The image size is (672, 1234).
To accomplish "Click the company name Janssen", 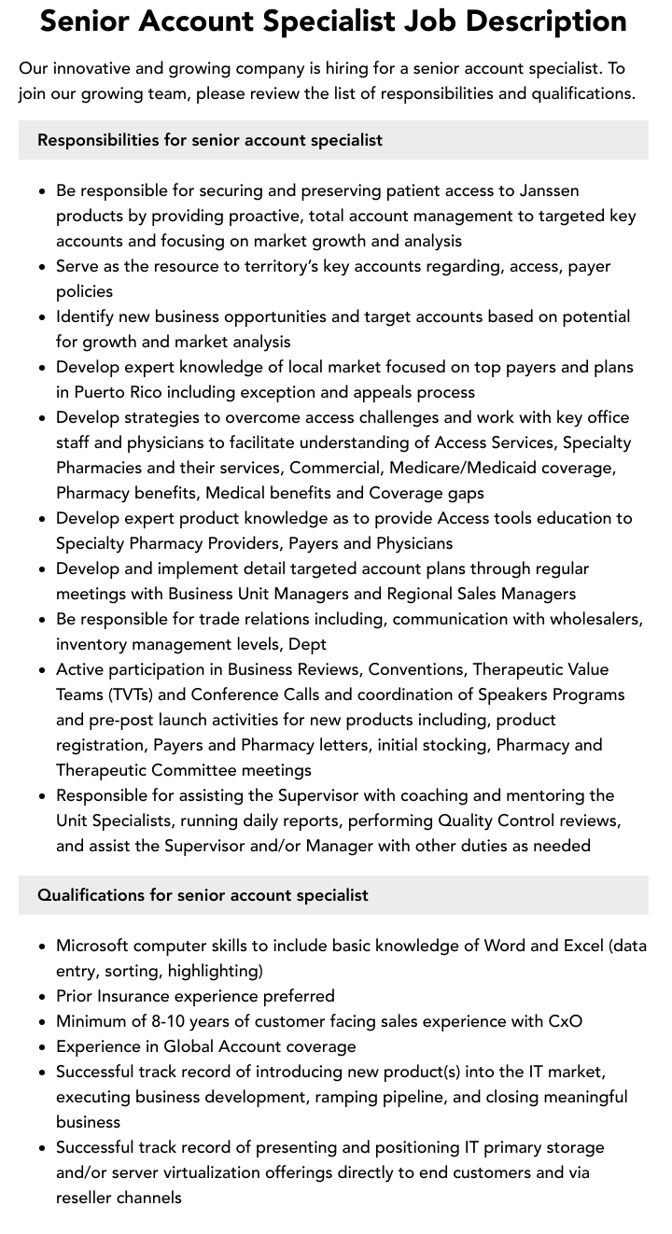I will (548, 190).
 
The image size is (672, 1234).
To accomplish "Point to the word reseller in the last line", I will (84, 1198).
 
